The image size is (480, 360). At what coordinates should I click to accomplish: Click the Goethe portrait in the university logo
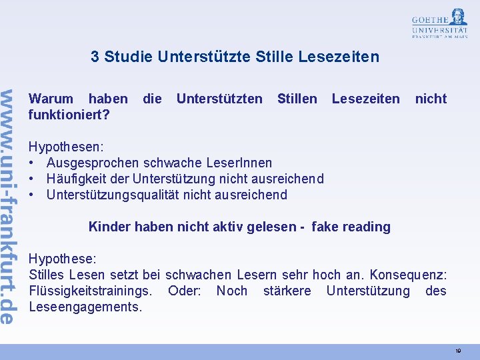tap(458, 17)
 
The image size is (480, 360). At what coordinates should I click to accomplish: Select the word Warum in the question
tap(51, 99)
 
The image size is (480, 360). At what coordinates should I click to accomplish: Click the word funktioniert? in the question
tap(69, 115)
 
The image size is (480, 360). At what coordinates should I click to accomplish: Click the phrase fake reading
tap(351, 227)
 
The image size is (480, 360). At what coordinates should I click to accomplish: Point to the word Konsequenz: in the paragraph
tap(413, 275)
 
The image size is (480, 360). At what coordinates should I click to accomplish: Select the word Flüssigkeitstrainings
tap(91, 291)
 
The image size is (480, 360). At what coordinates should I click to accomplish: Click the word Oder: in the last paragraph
tap(184, 291)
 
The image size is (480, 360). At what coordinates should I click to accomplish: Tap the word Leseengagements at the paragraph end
tap(85, 307)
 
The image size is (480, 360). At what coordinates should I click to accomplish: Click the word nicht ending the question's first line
tap(431, 99)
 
